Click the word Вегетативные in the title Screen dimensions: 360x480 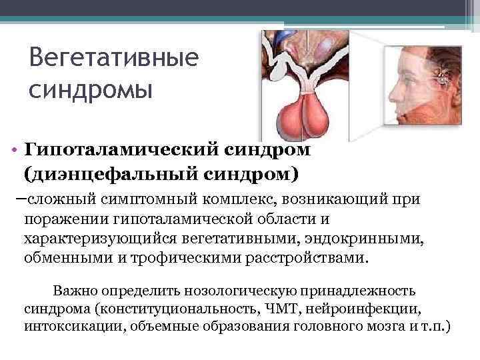(x=114, y=59)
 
